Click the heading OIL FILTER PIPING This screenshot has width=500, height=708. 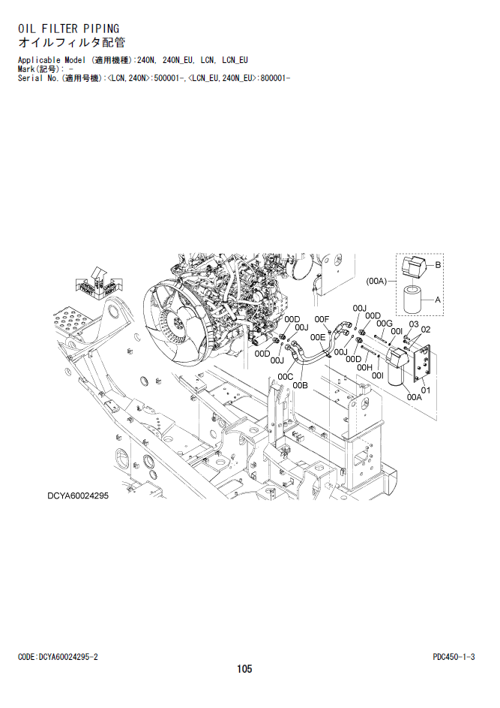click(68, 29)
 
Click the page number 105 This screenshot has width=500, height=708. click(244, 669)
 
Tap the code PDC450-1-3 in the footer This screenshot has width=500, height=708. click(454, 657)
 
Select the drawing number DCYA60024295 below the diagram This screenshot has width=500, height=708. click(78, 496)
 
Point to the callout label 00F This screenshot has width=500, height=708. click(322, 320)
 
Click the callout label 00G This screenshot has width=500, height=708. click(384, 324)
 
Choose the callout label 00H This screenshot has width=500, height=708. click(364, 368)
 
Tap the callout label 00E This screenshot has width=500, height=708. click(318, 337)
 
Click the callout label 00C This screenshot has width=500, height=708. click(286, 377)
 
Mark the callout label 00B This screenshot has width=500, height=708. click(301, 386)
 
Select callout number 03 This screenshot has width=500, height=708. click(414, 324)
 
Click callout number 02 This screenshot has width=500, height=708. click(425, 330)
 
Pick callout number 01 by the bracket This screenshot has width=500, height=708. click(426, 390)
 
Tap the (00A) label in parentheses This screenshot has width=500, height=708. click(376, 282)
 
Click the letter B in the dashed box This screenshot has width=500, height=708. click(438, 265)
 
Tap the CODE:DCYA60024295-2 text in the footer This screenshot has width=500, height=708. click(58, 657)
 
